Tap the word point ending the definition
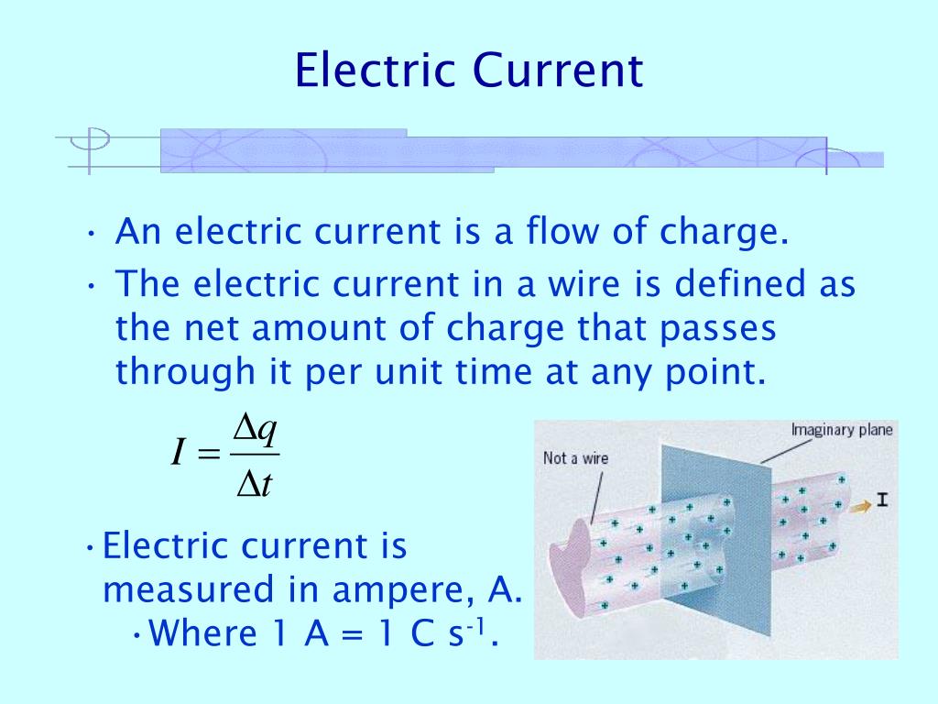coord(717,373)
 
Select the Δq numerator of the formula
coord(256,428)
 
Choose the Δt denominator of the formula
coord(255,483)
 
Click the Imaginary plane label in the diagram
coord(843,429)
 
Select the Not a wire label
coord(575,458)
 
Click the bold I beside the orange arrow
coord(882,500)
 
